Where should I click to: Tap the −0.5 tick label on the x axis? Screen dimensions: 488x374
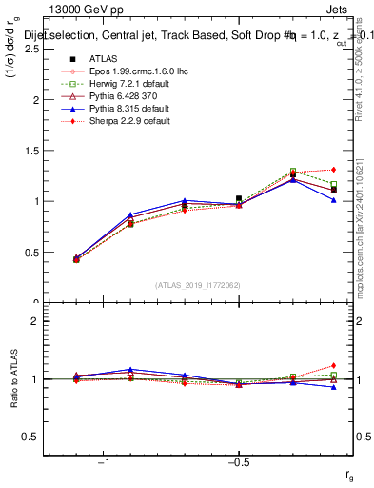(238, 462)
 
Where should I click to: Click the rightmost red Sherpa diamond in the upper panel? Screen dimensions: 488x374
(333, 170)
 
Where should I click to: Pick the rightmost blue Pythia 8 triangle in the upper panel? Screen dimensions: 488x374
(333, 200)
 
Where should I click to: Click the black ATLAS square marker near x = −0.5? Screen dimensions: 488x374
(239, 198)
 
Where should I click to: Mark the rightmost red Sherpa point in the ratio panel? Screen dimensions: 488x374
(333, 365)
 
